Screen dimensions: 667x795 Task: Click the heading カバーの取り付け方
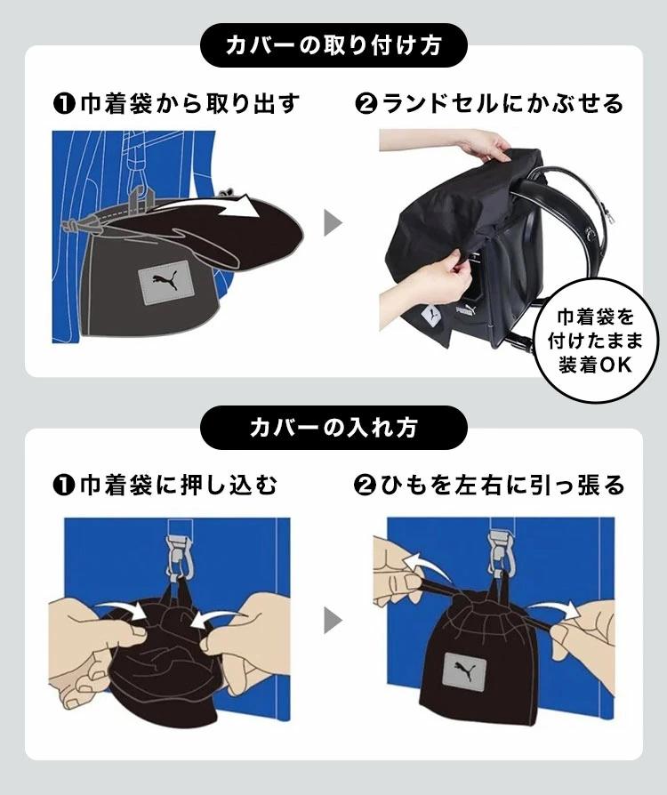333,46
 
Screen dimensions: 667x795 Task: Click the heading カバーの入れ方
333,428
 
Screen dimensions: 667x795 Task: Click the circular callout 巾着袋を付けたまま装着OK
595,341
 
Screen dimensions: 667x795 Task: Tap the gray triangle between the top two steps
333,223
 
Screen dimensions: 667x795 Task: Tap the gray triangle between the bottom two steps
333,621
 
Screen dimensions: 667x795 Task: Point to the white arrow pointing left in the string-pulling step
426,565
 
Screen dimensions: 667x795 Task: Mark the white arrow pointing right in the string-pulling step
554,608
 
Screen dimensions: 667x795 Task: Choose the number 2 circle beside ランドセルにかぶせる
366,104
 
